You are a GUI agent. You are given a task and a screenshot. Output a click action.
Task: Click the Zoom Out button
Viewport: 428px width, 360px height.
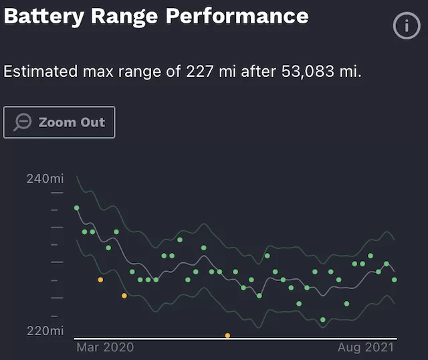60,122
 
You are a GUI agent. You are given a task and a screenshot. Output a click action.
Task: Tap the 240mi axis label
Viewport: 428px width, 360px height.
45,179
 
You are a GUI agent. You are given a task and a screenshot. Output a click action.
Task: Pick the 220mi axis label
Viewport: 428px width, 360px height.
45,331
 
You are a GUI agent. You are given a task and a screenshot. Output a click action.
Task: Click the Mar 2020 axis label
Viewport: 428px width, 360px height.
105,347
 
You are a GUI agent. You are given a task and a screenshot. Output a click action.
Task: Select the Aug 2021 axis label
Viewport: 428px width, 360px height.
366,347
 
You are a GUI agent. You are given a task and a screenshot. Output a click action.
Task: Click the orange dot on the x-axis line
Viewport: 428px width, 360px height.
227,335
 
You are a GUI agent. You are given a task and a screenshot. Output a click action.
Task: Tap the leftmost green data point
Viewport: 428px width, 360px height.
77,208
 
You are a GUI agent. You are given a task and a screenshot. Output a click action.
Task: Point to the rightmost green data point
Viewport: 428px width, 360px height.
395,280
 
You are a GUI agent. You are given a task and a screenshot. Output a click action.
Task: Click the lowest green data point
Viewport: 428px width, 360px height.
323,320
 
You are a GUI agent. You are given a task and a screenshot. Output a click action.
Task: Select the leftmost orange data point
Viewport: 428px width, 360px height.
100,280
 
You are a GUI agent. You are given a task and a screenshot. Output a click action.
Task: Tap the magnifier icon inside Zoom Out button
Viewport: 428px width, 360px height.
23,122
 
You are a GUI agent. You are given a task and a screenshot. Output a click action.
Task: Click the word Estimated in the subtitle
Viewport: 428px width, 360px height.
39,71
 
